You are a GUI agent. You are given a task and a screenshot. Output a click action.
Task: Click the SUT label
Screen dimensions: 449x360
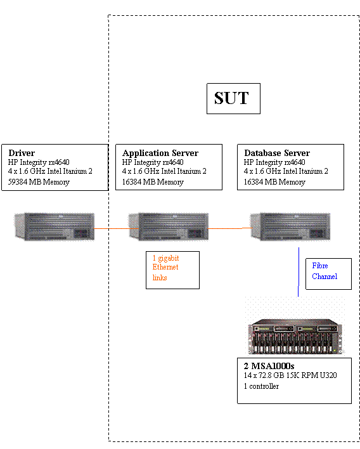click(x=232, y=98)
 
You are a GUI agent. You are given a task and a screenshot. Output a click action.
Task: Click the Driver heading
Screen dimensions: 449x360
click(x=22, y=153)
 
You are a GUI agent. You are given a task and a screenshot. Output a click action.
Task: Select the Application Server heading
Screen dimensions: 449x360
click(x=160, y=153)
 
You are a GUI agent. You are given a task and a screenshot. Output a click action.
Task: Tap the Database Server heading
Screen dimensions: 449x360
click(x=277, y=153)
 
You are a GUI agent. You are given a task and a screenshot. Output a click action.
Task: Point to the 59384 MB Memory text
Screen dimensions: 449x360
click(x=39, y=182)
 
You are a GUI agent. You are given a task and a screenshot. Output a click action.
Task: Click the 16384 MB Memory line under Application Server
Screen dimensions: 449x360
click(x=153, y=182)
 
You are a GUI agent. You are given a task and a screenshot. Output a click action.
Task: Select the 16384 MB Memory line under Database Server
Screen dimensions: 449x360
click(x=274, y=182)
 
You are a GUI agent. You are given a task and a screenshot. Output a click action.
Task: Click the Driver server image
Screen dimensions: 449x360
click(x=55, y=226)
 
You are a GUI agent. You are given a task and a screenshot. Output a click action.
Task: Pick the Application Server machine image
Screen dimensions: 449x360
click(x=169, y=226)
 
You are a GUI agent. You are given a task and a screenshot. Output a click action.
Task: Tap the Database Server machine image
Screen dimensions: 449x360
click(x=290, y=226)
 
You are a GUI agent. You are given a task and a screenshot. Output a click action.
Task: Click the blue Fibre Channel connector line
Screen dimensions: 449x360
click(x=299, y=273)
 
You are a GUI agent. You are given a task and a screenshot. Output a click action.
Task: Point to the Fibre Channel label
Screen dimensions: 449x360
click(x=325, y=271)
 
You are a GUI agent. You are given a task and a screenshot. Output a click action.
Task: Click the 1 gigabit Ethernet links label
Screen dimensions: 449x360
click(x=166, y=268)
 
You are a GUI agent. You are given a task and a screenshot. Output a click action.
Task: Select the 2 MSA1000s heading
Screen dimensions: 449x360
click(x=269, y=367)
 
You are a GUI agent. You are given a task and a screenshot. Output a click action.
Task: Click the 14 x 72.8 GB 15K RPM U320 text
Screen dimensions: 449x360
click(x=290, y=375)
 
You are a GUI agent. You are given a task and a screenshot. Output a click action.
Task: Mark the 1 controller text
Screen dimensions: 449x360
click(x=261, y=386)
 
